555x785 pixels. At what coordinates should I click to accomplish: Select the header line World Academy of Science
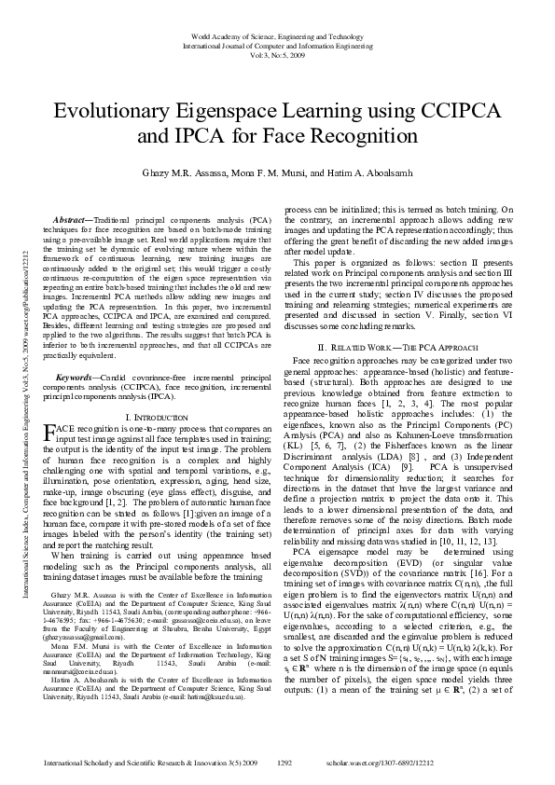[278, 34]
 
